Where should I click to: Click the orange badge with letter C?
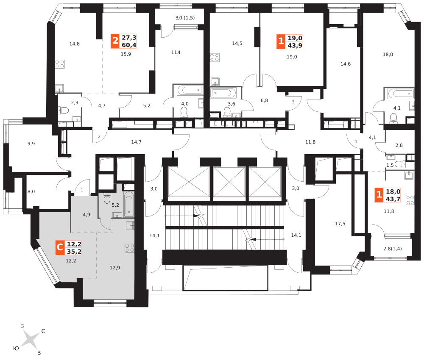pos(60,247)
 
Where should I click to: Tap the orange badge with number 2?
pos(115,41)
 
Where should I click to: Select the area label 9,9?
pos(31,144)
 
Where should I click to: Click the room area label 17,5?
pos(340,224)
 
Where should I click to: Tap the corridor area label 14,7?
pos(136,142)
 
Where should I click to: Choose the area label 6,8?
pos(264,100)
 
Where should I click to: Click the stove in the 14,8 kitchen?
pos(60,64)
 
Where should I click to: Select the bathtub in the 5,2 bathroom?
pos(129,205)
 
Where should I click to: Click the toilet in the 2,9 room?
pos(64,111)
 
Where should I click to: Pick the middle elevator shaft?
pos(229,182)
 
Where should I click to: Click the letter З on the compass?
pos(22,326)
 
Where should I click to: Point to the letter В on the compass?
pos(39,353)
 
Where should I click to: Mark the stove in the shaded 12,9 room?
pos(129,248)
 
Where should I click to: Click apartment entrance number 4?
pos(356,141)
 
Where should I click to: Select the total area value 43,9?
pos(295,45)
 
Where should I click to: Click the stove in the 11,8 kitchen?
pos(410,200)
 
